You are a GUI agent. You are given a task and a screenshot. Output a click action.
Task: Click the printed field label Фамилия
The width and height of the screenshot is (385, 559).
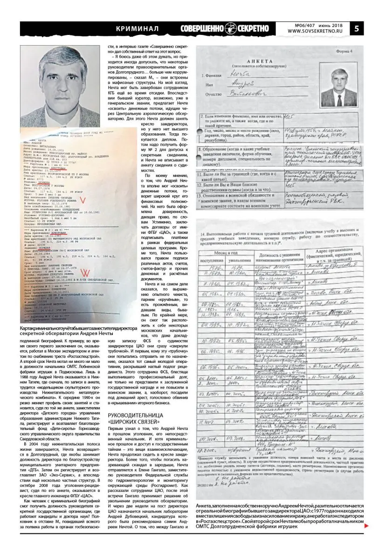[x=215, y=74]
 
